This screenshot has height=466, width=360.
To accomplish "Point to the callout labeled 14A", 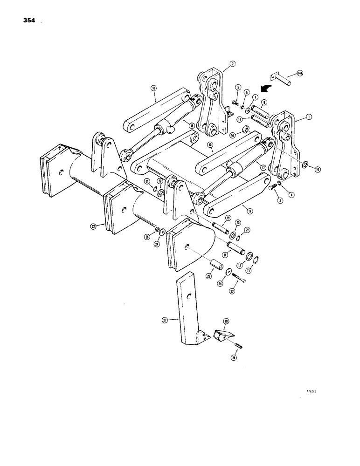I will pos(300,74).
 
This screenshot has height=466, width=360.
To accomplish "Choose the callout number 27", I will pos(165,320).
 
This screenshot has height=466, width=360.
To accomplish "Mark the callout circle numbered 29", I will pos(226,321).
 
